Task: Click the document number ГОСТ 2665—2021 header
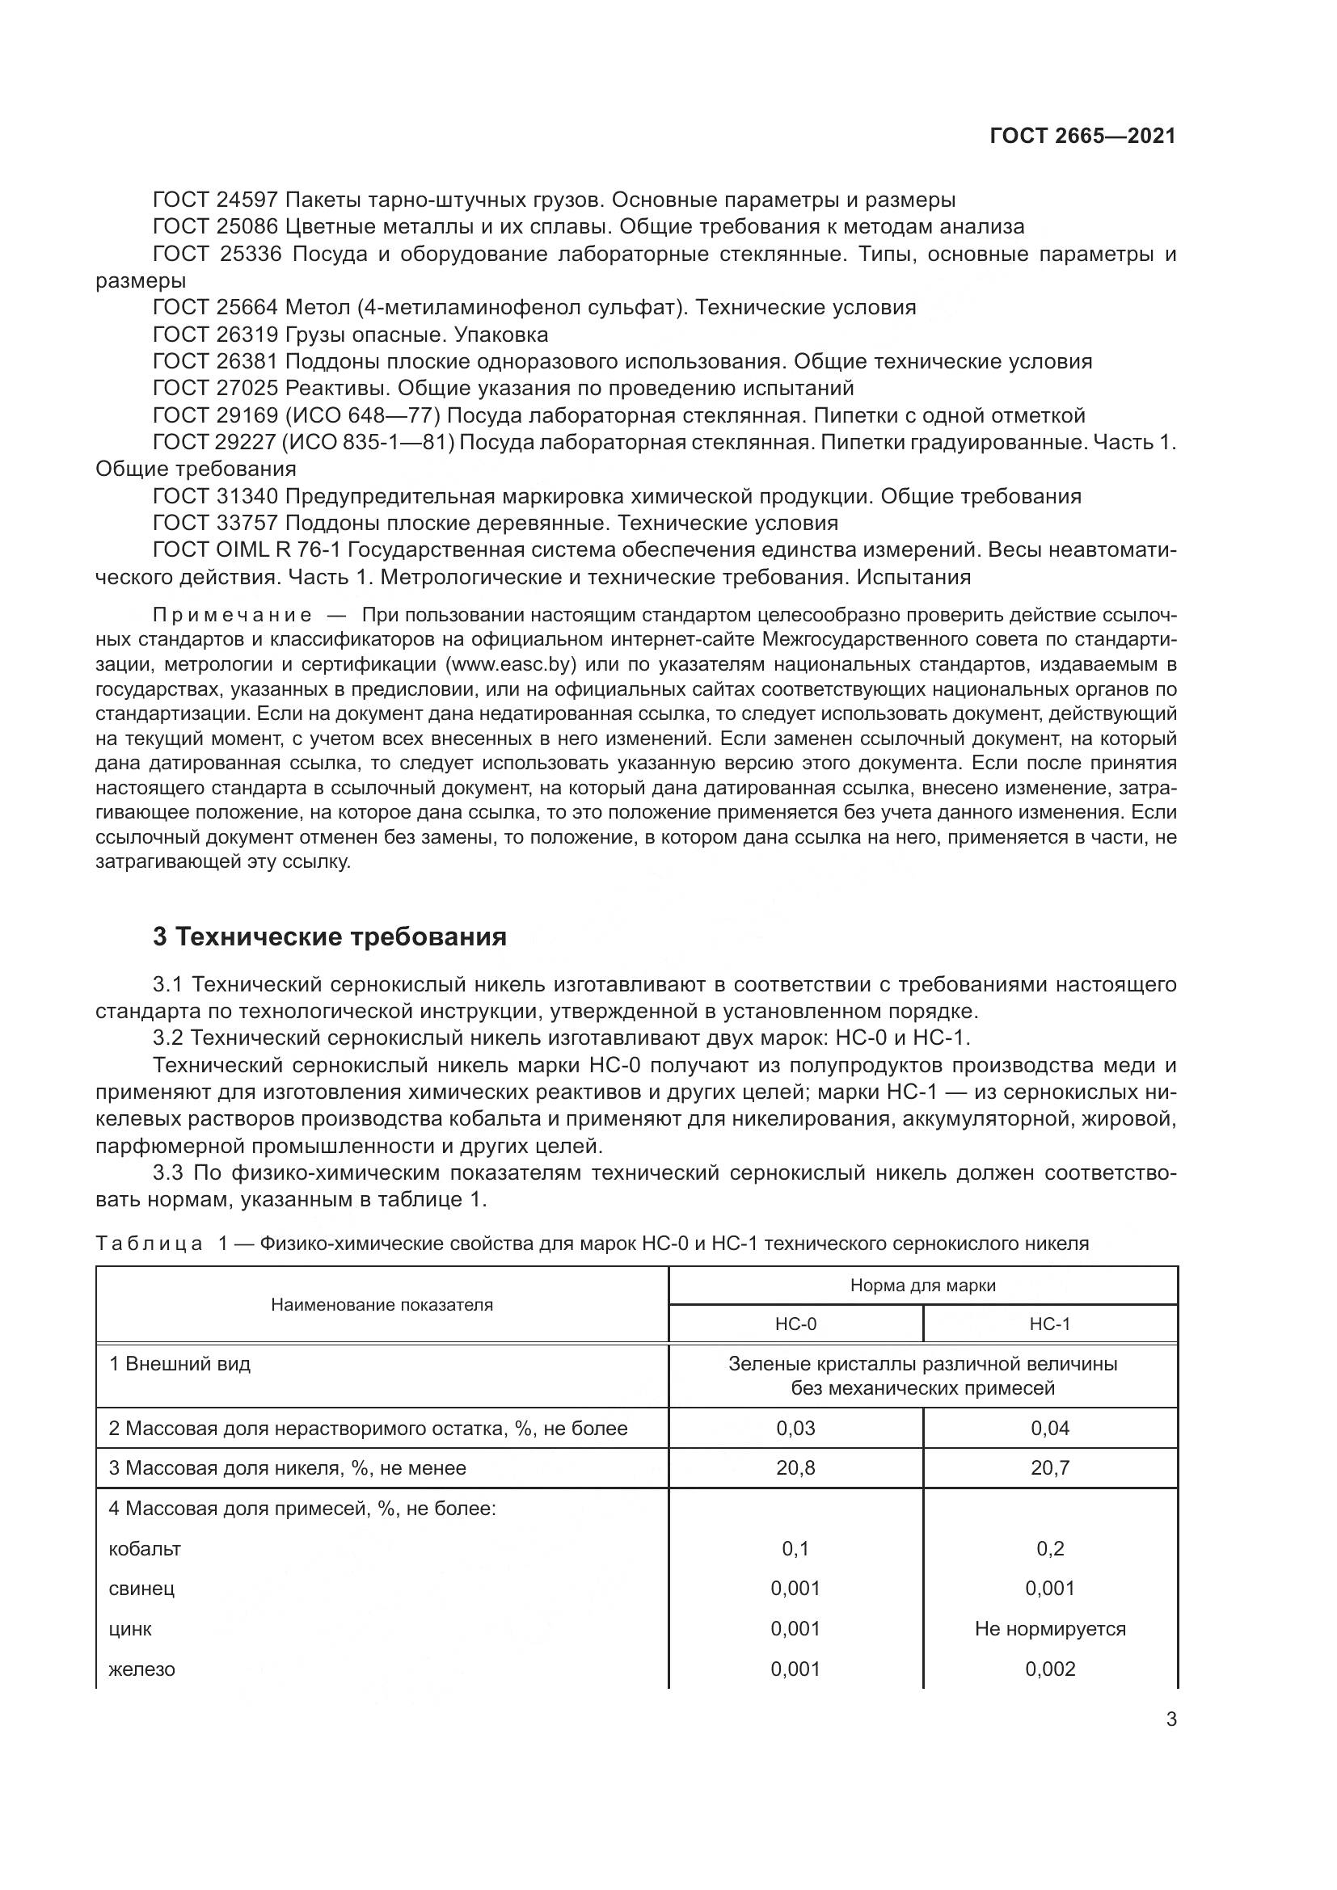pos(1082,136)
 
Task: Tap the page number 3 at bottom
pos(1171,1719)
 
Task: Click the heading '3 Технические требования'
pos(329,937)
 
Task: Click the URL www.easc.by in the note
pos(510,664)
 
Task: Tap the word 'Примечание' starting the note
pos(232,616)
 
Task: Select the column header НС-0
pos(795,1324)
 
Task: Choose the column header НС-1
pos(1050,1324)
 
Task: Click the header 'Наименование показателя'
pos(382,1305)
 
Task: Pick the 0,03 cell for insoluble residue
pos(795,1428)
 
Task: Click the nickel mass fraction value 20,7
pos(1050,1467)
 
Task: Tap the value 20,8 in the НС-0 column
pos(795,1467)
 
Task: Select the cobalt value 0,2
pos(1050,1548)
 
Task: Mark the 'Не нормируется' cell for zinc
pos(1050,1628)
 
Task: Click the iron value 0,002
pos(1050,1669)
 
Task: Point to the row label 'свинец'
pos(141,1589)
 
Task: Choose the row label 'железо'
pos(141,1669)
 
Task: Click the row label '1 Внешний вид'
pos(179,1364)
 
